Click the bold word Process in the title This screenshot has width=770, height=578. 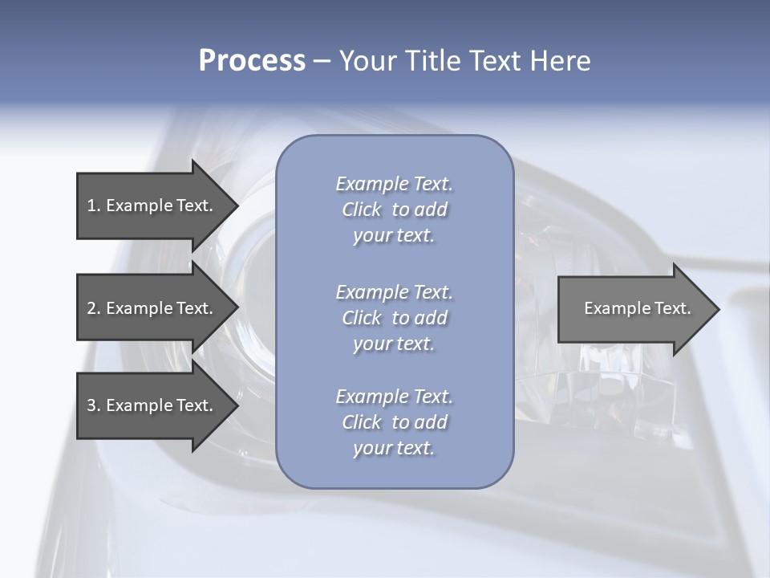(x=252, y=61)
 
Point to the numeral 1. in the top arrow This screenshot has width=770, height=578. (x=93, y=206)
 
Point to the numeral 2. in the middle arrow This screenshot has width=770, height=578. (x=93, y=308)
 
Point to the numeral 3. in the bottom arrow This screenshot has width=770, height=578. (x=93, y=405)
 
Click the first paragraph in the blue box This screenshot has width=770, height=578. (x=394, y=210)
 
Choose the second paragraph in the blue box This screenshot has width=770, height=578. (x=394, y=318)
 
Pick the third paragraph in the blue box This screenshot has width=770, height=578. (x=394, y=422)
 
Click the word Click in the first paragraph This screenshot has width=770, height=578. (x=362, y=210)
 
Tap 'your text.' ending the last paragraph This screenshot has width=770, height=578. (x=394, y=449)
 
